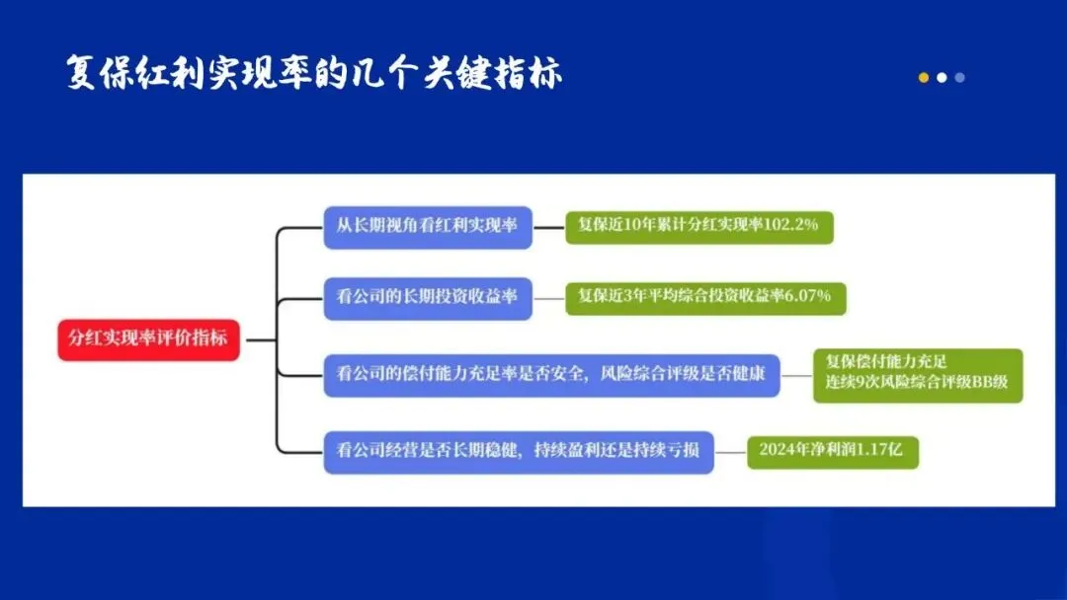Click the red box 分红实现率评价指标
(x=148, y=338)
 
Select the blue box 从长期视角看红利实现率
(x=428, y=226)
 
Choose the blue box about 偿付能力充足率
(x=551, y=375)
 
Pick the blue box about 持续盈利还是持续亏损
(x=519, y=451)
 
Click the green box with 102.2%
(x=698, y=226)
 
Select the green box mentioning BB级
(x=918, y=374)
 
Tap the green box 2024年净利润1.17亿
(x=832, y=451)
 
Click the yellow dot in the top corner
(x=924, y=78)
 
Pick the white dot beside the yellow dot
(x=942, y=78)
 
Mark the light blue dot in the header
(x=959, y=78)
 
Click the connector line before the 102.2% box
(x=548, y=227)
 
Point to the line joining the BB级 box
(x=796, y=375)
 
